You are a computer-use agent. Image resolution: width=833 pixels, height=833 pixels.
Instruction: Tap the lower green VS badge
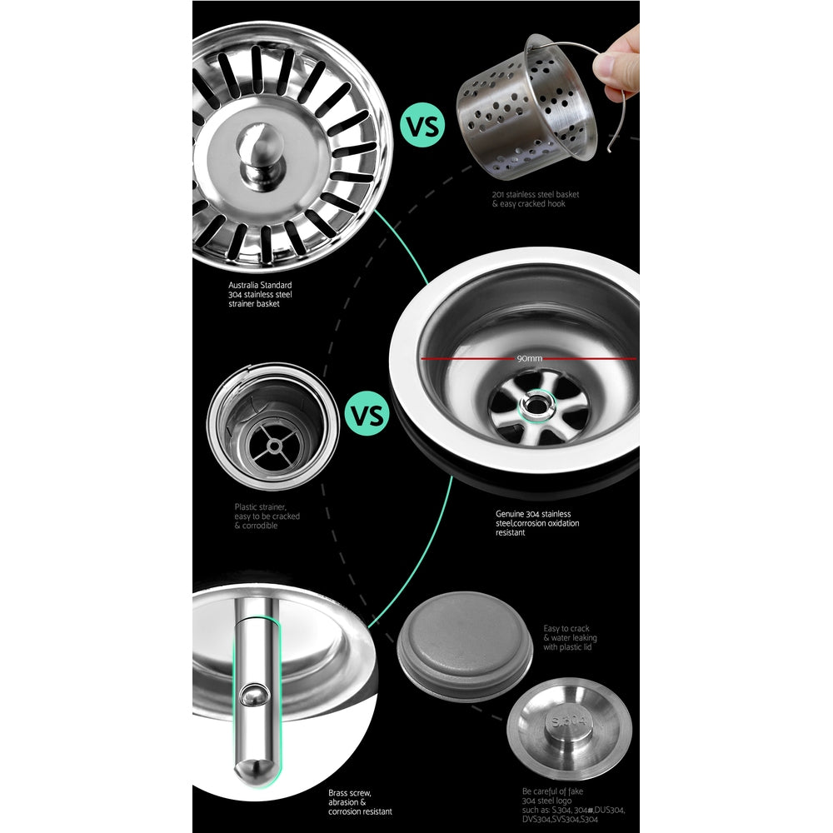point(366,414)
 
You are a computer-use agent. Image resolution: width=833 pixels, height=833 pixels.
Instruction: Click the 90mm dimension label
point(529,359)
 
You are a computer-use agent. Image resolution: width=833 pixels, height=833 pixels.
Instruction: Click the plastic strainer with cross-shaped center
point(272,426)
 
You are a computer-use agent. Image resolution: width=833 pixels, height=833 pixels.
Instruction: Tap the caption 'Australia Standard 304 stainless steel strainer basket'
point(260,295)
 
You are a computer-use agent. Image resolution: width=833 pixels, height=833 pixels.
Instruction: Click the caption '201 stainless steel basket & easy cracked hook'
point(536,199)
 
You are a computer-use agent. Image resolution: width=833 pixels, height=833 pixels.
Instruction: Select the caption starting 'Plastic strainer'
point(267,516)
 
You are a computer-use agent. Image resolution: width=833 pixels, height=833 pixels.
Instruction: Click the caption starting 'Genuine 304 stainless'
point(537,523)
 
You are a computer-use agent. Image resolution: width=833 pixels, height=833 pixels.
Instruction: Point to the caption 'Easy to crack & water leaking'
point(570,638)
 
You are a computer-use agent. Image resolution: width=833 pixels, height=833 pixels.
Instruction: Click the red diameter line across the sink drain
point(466,359)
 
